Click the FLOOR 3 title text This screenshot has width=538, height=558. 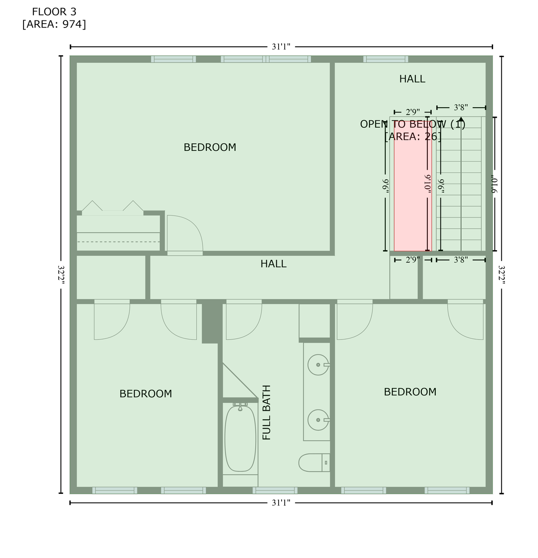(x=54, y=12)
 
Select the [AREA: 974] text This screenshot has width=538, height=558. (x=54, y=24)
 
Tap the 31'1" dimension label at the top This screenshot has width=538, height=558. (x=281, y=47)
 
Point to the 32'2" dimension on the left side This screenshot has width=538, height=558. (x=61, y=275)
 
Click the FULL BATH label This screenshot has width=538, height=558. (x=267, y=412)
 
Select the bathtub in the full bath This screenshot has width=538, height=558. (x=240, y=438)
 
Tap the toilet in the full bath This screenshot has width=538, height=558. (x=313, y=463)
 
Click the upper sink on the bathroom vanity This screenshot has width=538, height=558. (x=318, y=365)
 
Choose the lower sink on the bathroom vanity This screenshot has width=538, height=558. (x=318, y=420)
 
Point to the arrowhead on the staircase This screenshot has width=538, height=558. (x=461, y=119)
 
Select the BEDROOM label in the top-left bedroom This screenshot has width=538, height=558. (x=210, y=147)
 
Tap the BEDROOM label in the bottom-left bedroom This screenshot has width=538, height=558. (x=145, y=394)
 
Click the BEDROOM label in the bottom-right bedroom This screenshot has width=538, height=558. (x=410, y=392)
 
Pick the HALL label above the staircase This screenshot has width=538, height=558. (x=412, y=79)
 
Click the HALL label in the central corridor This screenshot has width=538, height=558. (x=273, y=264)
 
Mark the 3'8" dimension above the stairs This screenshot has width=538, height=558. (x=461, y=107)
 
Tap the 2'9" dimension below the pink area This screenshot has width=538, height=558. (x=412, y=260)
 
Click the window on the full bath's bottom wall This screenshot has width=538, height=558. (x=275, y=490)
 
